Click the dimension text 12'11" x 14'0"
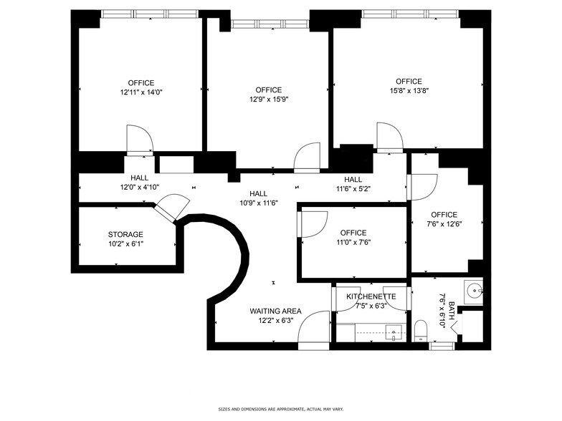point(140,92)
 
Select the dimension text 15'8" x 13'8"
point(409,91)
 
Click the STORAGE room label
point(125,234)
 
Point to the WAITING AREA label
point(275,311)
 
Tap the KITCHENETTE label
point(371,296)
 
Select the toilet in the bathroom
point(422,332)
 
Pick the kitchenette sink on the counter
point(393,331)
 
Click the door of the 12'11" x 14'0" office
point(138,140)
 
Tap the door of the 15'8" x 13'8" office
point(390,137)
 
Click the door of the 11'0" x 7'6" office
point(312,223)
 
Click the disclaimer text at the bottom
point(280,408)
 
